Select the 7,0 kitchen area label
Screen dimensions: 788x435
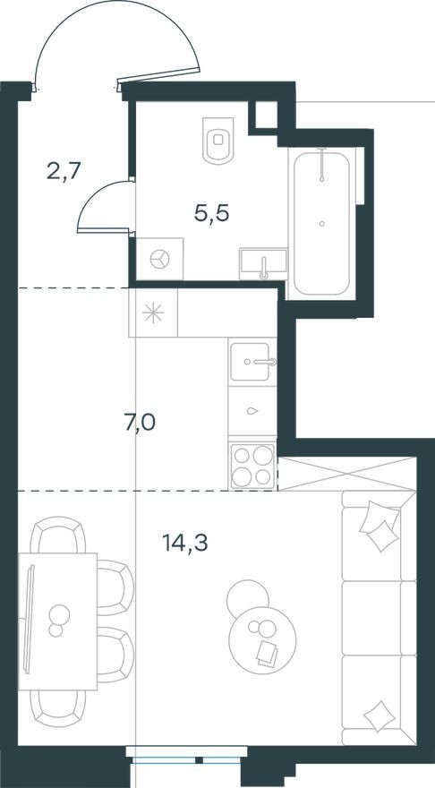tap(139, 422)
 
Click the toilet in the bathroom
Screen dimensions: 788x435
tap(217, 140)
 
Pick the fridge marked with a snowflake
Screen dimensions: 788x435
tap(153, 313)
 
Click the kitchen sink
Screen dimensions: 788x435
tap(252, 364)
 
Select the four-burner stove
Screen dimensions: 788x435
tap(252, 466)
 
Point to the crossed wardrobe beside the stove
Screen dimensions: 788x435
tap(346, 472)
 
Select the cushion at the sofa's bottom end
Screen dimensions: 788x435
tap(380, 715)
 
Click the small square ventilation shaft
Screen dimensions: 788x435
tap(265, 115)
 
